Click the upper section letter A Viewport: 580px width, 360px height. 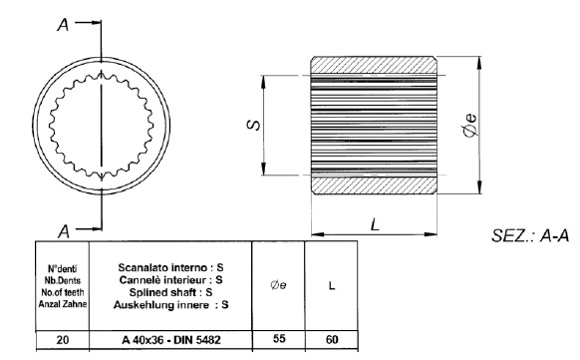(x=63, y=25)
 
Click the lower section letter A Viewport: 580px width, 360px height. (x=64, y=231)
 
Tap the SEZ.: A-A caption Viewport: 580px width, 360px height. (x=530, y=235)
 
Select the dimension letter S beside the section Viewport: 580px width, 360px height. (x=253, y=125)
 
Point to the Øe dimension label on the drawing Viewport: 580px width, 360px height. (x=469, y=125)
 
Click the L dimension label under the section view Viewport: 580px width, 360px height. (x=375, y=224)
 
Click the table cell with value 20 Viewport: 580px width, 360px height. (x=63, y=340)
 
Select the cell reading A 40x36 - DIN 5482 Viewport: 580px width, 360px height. (x=170, y=340)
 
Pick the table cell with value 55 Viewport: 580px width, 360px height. (x=279, y=339)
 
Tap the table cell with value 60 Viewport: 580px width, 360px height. (x=332, y=339)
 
